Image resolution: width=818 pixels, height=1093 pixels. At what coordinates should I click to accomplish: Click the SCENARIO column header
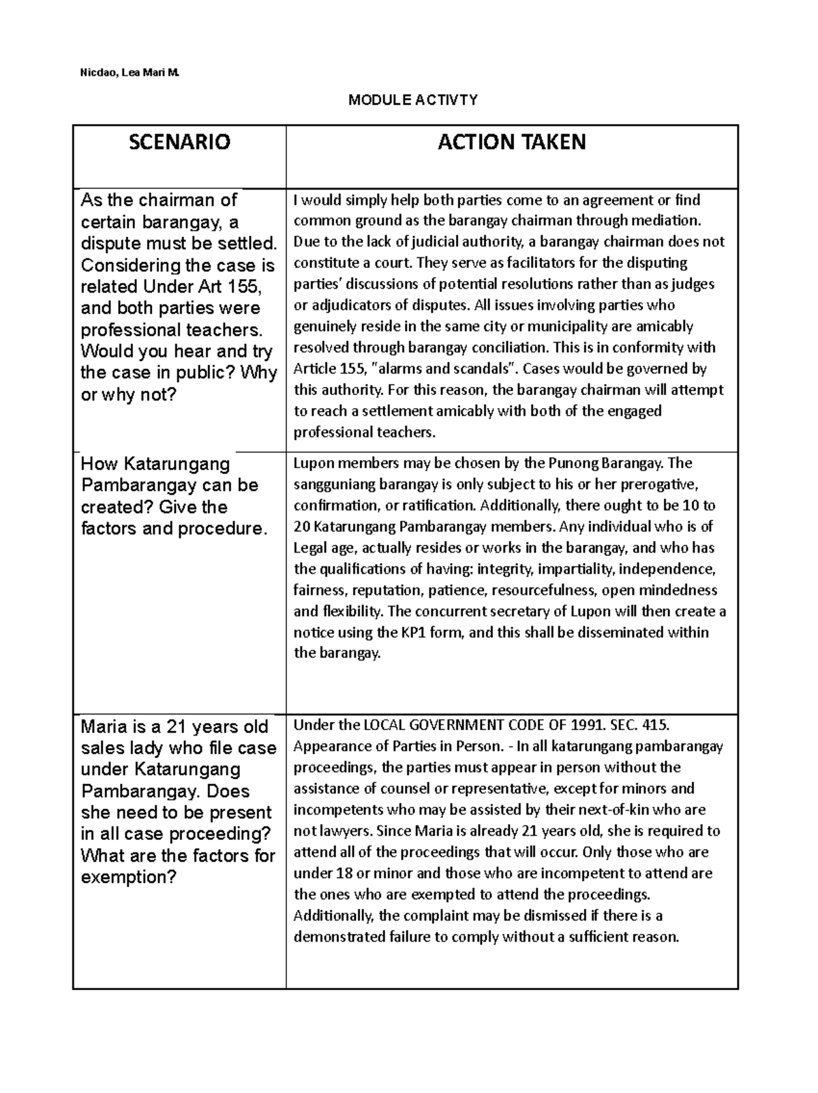(179, 143)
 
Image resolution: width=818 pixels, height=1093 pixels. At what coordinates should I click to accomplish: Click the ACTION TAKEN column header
(511, 143)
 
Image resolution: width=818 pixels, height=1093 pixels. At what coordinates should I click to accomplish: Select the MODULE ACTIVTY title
(412, 100)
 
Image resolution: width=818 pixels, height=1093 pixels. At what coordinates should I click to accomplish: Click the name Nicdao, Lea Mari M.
(126, 72)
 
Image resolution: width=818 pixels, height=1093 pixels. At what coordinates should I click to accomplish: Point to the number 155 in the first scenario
(245, 287)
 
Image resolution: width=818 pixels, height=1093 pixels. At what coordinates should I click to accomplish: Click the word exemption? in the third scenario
(129, 877)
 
